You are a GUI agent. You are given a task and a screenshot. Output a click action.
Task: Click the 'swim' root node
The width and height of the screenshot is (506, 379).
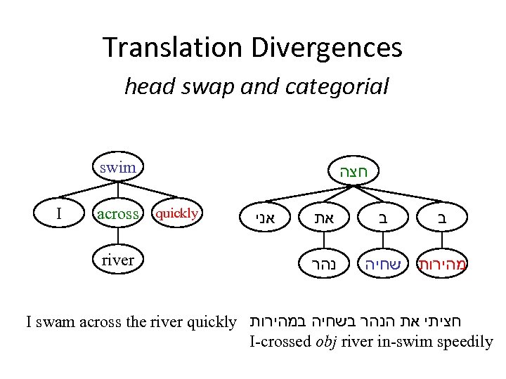[117, 168]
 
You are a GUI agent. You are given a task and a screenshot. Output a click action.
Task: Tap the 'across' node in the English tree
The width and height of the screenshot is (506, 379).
[117, 214]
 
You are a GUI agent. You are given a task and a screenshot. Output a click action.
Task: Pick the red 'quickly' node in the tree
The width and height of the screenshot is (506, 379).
[176, 213]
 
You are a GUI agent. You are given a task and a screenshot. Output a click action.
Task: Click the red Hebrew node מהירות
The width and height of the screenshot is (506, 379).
[443, 265]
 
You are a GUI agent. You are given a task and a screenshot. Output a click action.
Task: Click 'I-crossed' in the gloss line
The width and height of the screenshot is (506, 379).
[280, 342]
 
